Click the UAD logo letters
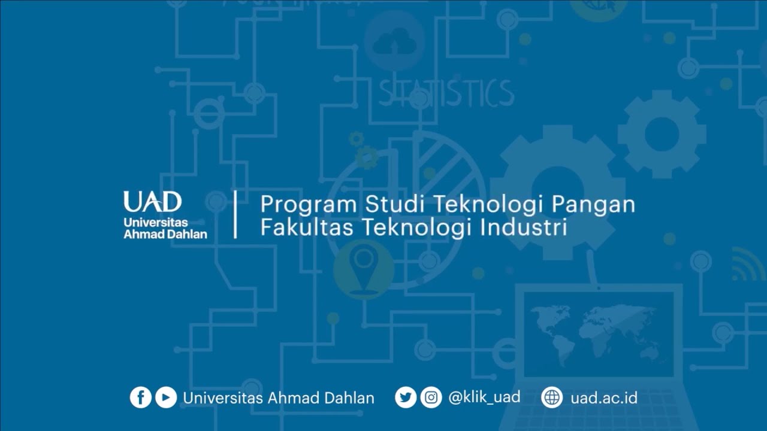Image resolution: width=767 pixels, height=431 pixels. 152,202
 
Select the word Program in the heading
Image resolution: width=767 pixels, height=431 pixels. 308,205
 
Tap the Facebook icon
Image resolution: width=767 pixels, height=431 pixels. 141,397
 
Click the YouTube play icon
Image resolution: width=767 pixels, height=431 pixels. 166,397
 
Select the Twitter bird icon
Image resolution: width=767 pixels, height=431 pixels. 406,397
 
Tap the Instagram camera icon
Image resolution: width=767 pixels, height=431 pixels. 431,397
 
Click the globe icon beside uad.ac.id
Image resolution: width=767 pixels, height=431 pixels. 552,397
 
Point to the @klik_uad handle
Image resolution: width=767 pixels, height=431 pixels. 484,397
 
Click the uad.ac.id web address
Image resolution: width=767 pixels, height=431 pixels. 603,397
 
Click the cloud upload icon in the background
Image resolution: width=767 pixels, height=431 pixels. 394,42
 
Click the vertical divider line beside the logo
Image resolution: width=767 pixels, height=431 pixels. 235,215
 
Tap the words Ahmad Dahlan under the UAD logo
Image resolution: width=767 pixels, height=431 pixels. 165,234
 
